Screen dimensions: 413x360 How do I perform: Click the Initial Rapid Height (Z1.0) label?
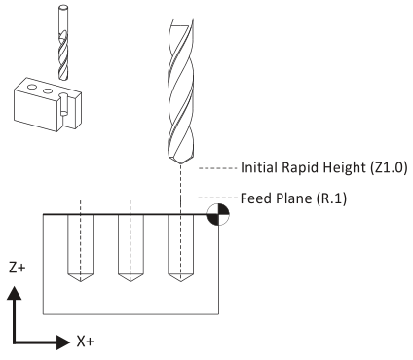[x=323, y=168]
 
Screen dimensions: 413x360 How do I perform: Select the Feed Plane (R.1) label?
[x=293, y=198]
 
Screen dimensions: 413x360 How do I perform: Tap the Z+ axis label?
[x=18, y=268]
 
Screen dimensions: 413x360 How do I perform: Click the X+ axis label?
[x=86, y=342]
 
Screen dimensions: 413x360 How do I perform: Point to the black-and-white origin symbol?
[x=218, y=214]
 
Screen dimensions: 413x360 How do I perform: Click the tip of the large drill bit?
[x=180, y=164]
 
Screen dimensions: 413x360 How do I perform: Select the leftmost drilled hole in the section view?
[x=80, y=248]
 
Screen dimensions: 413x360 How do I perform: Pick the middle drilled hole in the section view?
[x=131, y=248]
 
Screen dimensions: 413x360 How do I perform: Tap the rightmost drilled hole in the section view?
[x=180, y=248]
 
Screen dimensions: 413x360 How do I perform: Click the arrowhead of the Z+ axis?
[x=14, y=293]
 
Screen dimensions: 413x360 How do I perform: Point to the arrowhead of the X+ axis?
[x=63, y=342]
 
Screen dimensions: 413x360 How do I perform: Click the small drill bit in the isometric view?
[x=63, y=42]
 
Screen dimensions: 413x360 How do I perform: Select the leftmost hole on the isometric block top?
[x=32, y=87]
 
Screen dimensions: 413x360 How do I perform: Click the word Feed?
[x=256, y=198]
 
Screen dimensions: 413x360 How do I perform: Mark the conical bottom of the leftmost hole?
[x=80, y=277]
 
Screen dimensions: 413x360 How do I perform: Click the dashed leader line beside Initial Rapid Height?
[x=218, y=168]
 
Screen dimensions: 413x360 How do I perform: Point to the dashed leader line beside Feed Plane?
[x=218, y=198]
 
